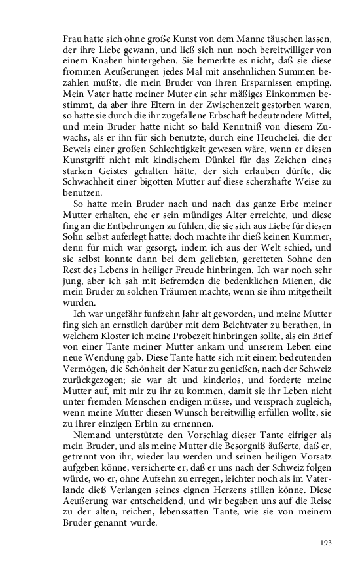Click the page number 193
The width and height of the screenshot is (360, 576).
pos(325,542)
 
